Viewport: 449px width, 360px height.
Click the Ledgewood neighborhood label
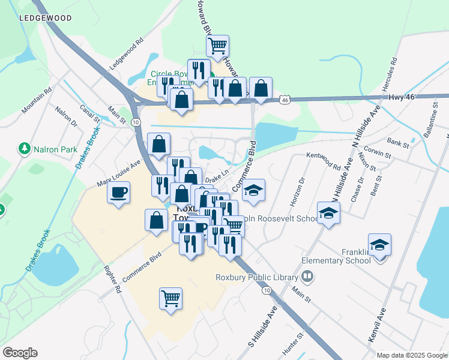pyautogui.click(x=45, y=18)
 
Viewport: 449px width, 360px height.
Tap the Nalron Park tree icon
pyautogui.click(x=25, y=148)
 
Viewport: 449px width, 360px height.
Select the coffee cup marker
pyautogui.click(x=118, y=193)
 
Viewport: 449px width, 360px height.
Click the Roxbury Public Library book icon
pyautogui.click(x=307, y=277)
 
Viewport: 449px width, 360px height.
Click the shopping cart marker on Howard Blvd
pyautogui.click(x=217, y=45)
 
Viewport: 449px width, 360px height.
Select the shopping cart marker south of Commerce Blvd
pyautogui.click(x=170, y=298)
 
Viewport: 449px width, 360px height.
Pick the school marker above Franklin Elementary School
pyautogui.click(x=379, y=245)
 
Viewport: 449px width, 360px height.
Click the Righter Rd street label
pyautogui.click(x=112, y=280)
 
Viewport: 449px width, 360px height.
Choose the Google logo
pyautogui.click(x=20, y=353)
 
